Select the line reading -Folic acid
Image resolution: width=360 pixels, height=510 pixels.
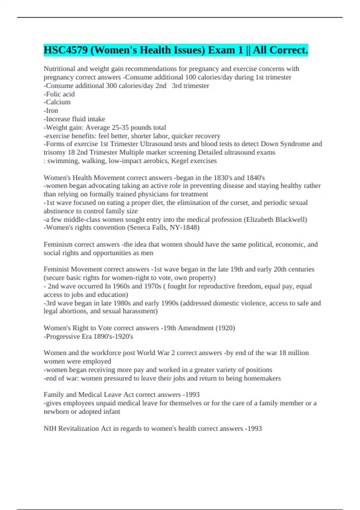59,94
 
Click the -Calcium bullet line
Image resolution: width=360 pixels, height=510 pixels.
57,102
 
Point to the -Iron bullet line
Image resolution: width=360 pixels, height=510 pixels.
51,110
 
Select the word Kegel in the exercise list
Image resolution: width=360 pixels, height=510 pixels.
179,161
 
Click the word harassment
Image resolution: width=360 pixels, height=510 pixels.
141,311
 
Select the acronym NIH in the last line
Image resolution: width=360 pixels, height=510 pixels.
50,428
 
